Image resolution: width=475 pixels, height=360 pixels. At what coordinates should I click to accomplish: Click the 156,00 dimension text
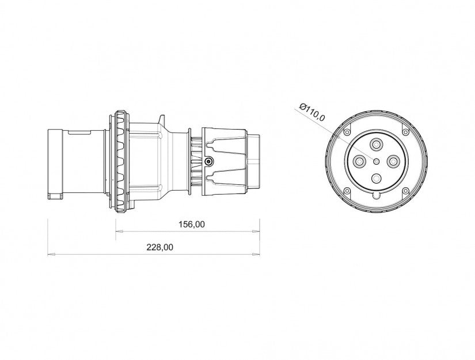pyautogui.click(x=192, y=224)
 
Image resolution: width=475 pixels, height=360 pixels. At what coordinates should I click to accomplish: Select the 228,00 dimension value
pyautogui.click(x=160, y=247)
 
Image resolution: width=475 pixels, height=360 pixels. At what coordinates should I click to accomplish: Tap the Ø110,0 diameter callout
pyautogui.click(x=311, y=112)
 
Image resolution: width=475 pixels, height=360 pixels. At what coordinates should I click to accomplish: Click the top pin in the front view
pyautogui.click(x=376, y=145)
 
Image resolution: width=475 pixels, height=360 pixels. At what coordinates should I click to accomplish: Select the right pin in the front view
pyautogui.click(x=393, y=161)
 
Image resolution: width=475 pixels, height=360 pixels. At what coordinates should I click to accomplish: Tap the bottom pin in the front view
pyautogui.click(x=376, y=179)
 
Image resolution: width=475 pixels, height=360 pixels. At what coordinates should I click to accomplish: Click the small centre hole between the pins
pyautogui.click(x=376, y=161)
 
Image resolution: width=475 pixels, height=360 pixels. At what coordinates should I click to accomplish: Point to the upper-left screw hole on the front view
pyautogui.click(x=347, y=132)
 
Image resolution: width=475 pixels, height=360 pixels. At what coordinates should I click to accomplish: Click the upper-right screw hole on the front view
pyautogui.click(x=405, y=132)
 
